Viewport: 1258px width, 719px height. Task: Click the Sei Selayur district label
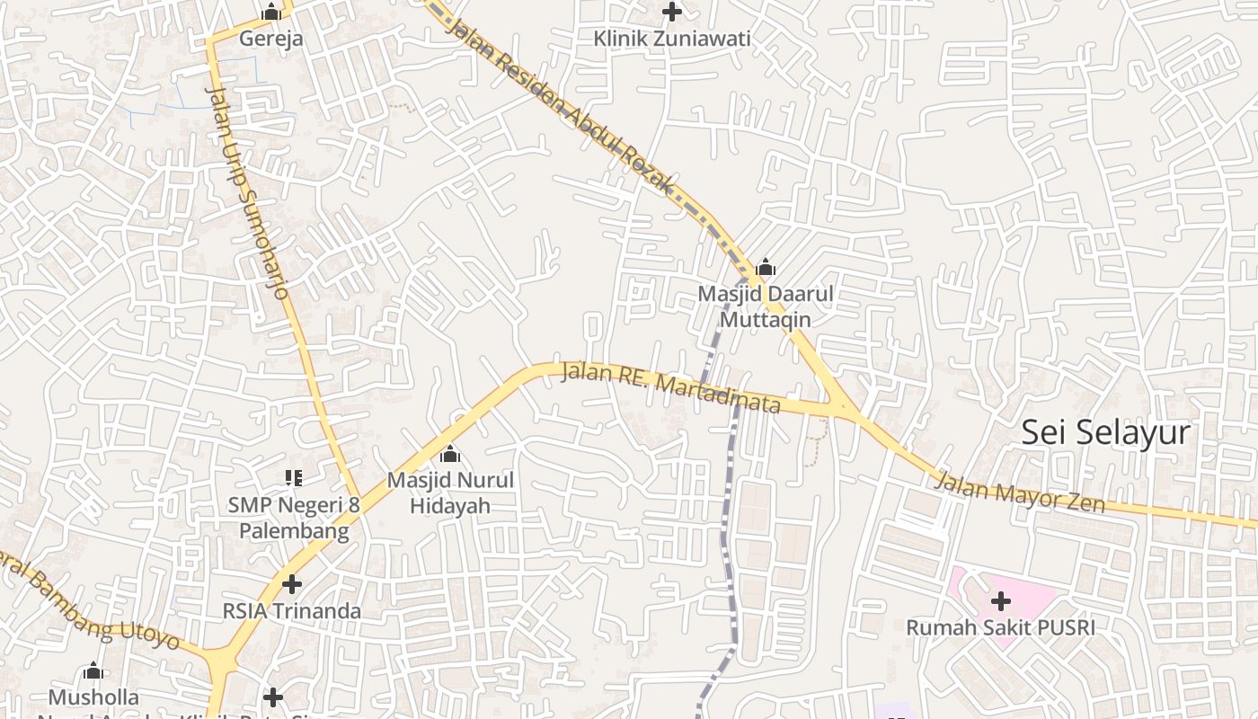[1105, 433]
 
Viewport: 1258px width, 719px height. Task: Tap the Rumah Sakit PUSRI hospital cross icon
[1000, 601]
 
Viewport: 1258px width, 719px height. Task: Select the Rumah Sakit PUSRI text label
[1000, 627]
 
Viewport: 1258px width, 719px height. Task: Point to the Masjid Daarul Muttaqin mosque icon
[766, 267]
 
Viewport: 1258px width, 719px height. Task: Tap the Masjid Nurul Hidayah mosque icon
[450, 454]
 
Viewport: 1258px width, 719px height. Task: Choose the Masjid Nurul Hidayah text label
[450, 493]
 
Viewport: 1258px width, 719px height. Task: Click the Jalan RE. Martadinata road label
[670, 387]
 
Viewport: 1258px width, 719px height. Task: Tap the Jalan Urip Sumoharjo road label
[246, 193]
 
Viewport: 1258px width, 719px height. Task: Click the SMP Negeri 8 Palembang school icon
[293, 478]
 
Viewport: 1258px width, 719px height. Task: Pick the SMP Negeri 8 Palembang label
[293, 518]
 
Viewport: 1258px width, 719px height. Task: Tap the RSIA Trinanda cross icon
[291, 584]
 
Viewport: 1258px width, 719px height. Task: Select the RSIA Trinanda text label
[291, 611]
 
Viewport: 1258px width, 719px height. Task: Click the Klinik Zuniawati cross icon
[671, 12]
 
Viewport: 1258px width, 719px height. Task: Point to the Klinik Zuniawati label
[671, 39]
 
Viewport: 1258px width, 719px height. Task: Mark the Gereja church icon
[270, 13]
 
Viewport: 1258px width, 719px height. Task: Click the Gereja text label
[270, 39]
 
